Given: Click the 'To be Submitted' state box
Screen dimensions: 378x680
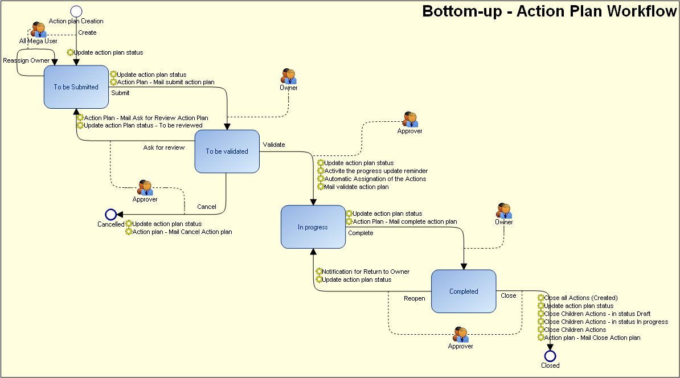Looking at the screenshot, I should [x=76, y=87].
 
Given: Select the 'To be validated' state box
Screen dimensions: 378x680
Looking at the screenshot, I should [x=227, y=151].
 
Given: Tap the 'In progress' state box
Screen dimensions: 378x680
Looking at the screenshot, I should [x=313, y=227].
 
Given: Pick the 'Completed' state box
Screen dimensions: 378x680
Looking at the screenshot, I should [x=464, y=291].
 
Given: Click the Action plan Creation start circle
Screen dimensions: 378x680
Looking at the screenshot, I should [x=76, y=11].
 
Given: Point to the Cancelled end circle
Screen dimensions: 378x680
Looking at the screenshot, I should [x=111, y=215].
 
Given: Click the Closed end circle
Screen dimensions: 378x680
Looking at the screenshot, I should [x=550, y=356].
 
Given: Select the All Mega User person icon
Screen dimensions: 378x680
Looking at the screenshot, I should [x=39, y=30].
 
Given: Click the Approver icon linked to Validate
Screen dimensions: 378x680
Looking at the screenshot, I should [x=410, y=120].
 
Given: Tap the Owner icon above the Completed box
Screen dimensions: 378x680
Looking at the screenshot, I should [x=503, y=211].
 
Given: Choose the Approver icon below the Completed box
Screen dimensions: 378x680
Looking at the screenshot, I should [x=460, y=335].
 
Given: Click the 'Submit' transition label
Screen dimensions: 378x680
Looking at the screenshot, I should [x=120, y=93].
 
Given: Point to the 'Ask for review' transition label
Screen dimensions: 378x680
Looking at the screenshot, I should [x=164, y=147].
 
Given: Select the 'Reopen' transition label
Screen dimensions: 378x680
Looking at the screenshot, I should [x=415, y=298].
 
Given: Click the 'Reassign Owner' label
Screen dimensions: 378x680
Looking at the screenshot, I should [x=26, y=60].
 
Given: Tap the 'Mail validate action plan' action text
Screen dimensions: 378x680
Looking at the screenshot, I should [x=357, y=187].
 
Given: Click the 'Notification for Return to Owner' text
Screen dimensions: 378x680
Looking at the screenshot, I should [x=366, y=272].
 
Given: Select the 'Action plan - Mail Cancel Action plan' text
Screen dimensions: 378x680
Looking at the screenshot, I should [x=182, y=232].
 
